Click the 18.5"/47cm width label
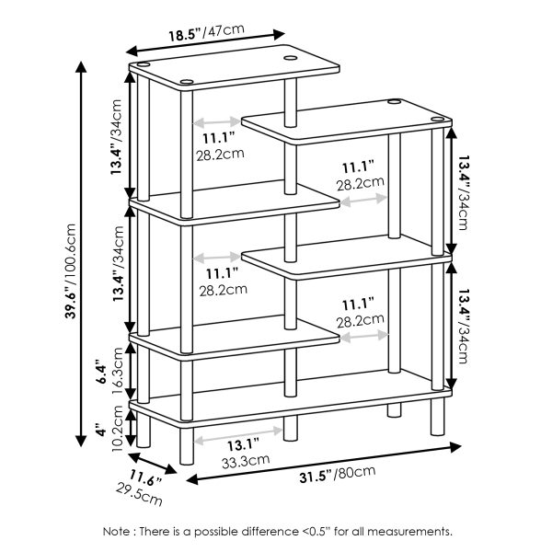(x=205, y=34)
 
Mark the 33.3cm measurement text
(x=245, y=460)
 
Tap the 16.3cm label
(x=117, y=371)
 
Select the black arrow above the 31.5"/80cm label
(x=322, y=462)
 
